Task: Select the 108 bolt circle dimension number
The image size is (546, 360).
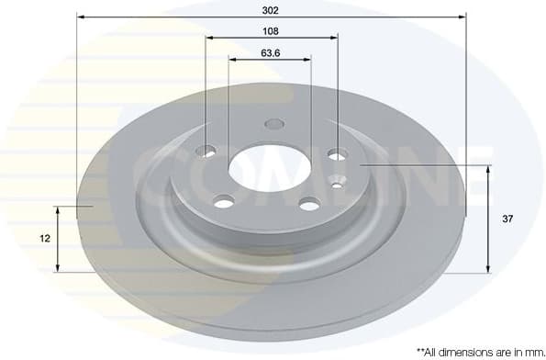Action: pos(271,29)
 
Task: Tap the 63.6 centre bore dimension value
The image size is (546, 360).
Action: pos(270,52)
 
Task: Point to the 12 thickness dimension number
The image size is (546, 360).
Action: pos(43,238)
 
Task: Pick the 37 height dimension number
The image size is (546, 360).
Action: pos(507,219)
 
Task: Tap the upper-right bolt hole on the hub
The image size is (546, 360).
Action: pos(337,154)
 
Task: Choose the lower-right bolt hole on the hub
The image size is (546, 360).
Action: pos(310,203)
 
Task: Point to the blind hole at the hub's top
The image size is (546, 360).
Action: pos(273,124)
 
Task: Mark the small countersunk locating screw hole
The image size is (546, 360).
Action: pos(337,185)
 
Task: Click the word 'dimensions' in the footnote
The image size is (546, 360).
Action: pos(463,351)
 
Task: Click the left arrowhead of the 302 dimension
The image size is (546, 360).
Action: pos(80,17)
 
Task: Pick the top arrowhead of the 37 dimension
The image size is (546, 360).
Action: pos(487,168)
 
